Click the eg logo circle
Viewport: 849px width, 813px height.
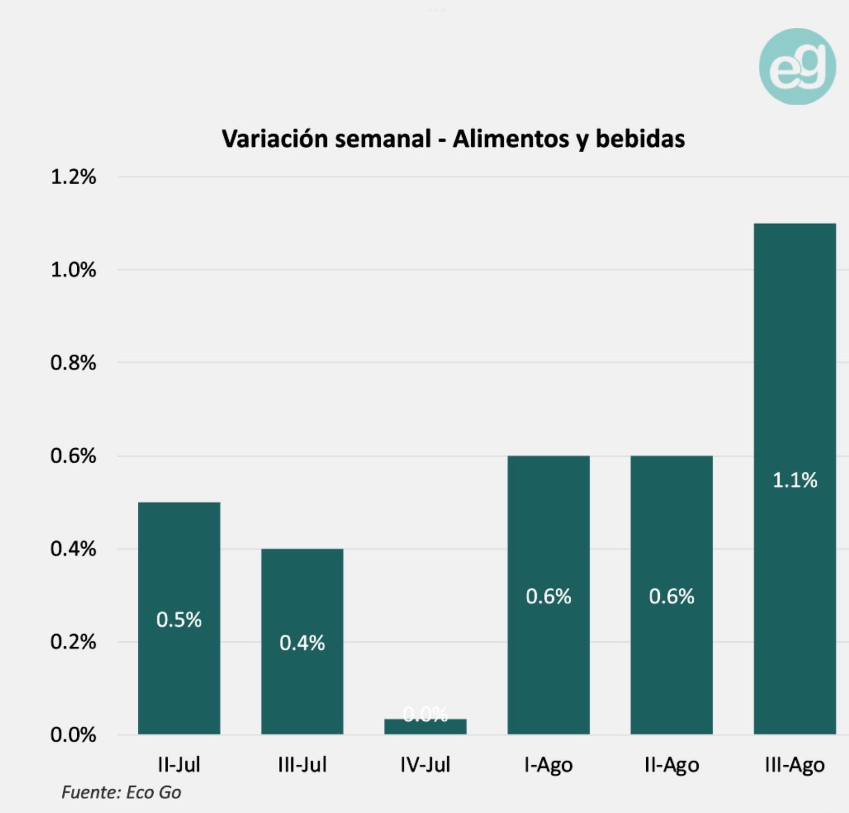797,67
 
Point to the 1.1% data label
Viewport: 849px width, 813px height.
794,480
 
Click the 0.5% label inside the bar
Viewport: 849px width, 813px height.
179,620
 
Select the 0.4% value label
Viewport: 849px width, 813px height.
302,643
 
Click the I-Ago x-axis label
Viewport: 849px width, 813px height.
548,765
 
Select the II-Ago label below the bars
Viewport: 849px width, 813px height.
671,765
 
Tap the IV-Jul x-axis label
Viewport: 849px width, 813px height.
425,764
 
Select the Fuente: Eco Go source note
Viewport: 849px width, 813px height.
121,792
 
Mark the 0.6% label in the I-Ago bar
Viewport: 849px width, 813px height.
548,597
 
